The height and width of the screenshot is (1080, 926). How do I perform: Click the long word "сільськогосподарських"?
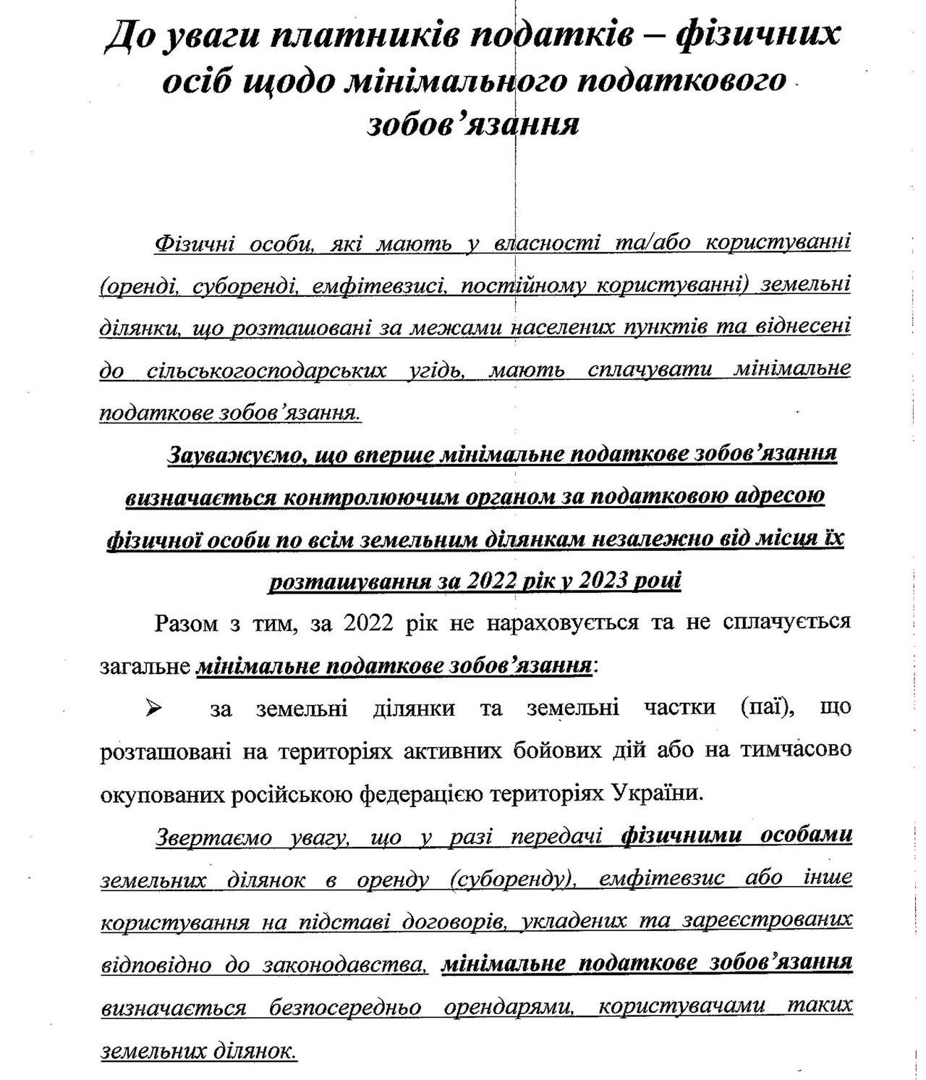point(263,371)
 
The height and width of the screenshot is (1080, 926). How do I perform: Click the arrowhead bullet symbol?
point(154,709)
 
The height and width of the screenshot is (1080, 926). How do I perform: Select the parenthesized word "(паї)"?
point(769,708)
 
